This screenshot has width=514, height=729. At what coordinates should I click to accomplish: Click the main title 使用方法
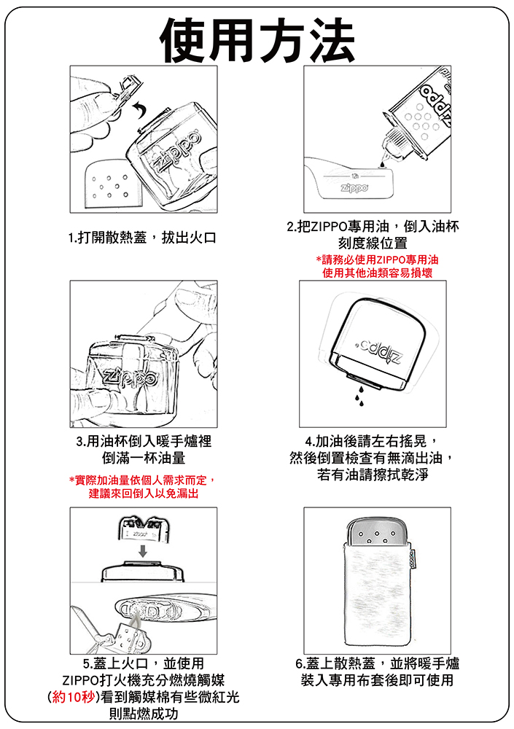coord(257,39)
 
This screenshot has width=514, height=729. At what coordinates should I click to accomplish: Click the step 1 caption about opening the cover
coord(142,238)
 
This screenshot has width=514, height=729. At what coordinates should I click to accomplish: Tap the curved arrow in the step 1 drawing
coord(139,111)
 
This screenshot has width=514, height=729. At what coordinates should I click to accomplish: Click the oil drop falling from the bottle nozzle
coord(382,163)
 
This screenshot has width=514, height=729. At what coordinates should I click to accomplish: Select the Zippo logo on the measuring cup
coord(354,188)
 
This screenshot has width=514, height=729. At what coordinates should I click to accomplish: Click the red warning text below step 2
coord(377,266)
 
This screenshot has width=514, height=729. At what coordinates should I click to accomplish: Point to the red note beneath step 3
coord(143,486)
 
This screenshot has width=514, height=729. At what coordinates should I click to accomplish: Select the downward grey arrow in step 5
coord(143,551)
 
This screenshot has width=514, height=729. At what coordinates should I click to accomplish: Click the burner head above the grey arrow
coord(143,528)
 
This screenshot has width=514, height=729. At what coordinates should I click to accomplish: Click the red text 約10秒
coord(74,698)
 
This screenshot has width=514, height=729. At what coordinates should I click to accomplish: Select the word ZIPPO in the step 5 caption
coord(80,681)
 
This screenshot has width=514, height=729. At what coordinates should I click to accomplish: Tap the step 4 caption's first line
coord(370,441)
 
